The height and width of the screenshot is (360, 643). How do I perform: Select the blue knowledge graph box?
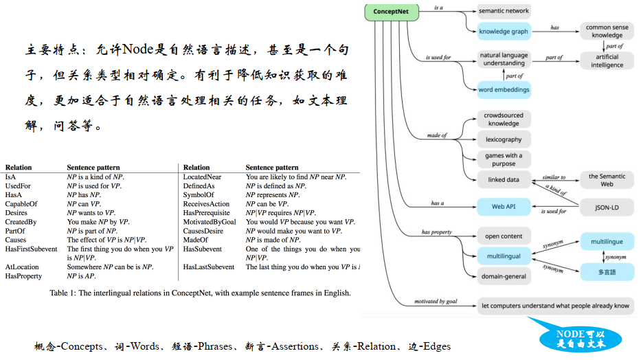(x=504, y=30)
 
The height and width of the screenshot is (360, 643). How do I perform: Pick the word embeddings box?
(x=504, y=89)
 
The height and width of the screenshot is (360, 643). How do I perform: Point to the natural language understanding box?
(x=504, y=59)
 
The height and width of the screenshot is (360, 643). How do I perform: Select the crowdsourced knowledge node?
(x=504, y=120)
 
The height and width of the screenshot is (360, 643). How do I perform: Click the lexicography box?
(x=504, y=139)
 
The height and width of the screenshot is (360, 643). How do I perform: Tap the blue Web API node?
(x=504, y=206)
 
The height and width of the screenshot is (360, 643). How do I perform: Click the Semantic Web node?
(x=607, y=180)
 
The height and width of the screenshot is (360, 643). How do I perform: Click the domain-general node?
(x=504, y=277)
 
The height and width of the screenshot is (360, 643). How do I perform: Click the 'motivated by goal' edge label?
(x=436, y=301)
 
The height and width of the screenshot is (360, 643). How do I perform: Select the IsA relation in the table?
(x=12, y=177)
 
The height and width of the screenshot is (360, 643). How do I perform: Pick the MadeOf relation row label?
(x=196, y=240)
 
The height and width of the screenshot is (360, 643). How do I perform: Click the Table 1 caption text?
(x=200, y=293)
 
